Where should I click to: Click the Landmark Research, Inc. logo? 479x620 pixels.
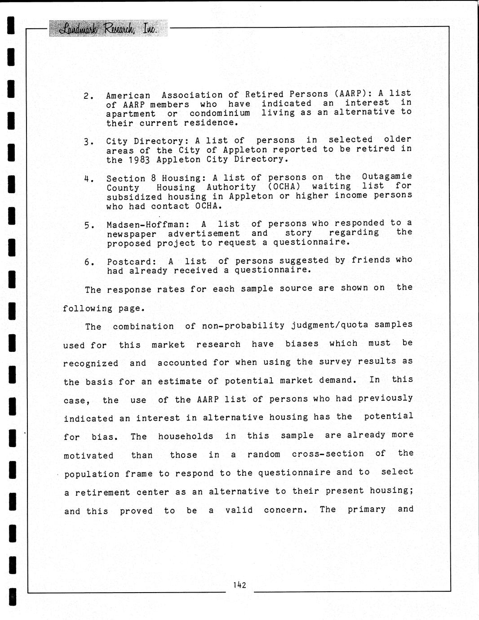pyautogui.click(x=108, y=29)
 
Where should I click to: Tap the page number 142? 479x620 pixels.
pyautogui.click(x=239, y=585)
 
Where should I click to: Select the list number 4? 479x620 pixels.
pyautogui.click(x=89, y=179)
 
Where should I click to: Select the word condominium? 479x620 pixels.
pyautogui.click(x=220, y=113)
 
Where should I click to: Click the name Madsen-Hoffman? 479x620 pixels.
pyautogui.click(x=148, y=225)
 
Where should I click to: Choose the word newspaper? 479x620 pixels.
pyautogui.click(x=132, y=234)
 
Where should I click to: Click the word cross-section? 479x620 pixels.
pyautogui.click(x=328, y=454)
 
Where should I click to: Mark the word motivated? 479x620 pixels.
pyautogui.click(x=89, y=456)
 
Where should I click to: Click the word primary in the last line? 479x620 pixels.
pyautogui.click(x=366, y=509)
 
